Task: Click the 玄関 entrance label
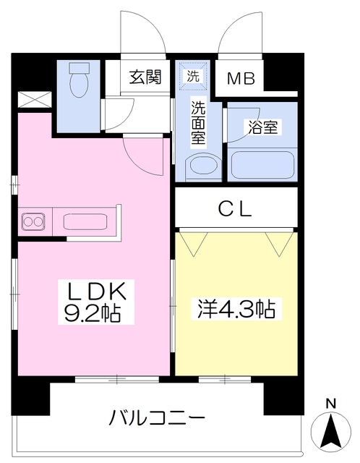[145, 76]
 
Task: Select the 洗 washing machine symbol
[193, 74]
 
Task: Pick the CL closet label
[235, 209]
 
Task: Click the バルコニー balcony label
[158, 417]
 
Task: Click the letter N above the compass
[330, 404]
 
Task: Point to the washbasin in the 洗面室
[200, 167]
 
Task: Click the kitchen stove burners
[33, 220]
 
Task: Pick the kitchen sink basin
[87, 220]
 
